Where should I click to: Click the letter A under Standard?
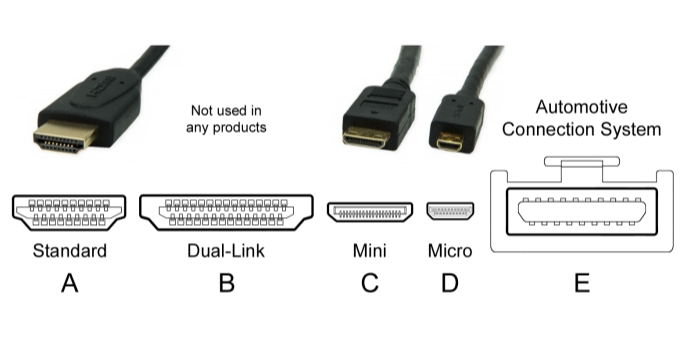(x=70, y=283)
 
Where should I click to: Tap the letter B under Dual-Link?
(x=227, y=283)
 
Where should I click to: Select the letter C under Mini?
(x=369, y=283)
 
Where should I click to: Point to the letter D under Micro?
(x=450, y=283)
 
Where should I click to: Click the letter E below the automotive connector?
(x=582, y=283)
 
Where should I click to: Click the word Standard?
(x=70, y=251)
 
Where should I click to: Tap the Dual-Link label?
(x=226, y=251)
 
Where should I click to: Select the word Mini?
(x=369, y=251)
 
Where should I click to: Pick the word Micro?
(x=450, y=251)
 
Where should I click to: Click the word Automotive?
(x=582, y=107)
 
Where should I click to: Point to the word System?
(x=631, y=129)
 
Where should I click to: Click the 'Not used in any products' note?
(x=226, y=119)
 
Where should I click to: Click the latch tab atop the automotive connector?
(x=582, y=161)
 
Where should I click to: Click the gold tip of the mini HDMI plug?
(x=367, y=137)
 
